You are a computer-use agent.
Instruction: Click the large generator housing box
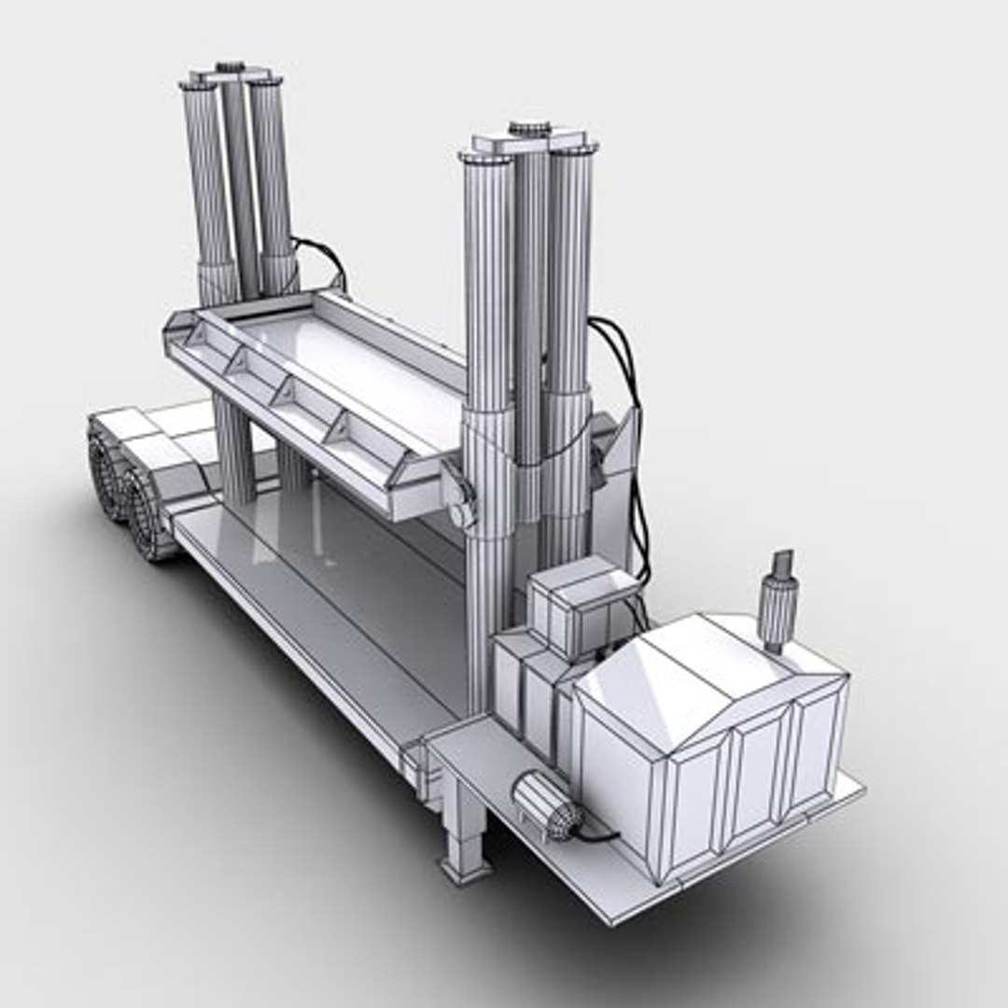click(x=709, y=737)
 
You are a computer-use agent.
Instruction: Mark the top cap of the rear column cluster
click(x=231, y=73)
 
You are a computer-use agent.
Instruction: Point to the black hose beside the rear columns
click(x=322, y=257)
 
